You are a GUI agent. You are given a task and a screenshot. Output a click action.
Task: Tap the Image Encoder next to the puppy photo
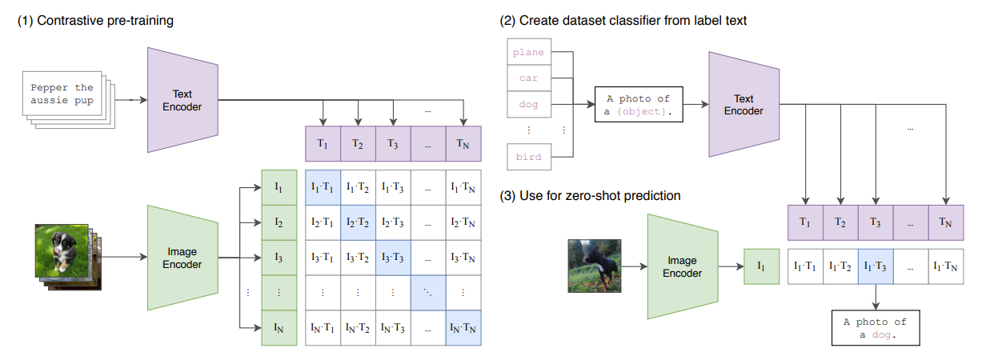[x=182, y=258]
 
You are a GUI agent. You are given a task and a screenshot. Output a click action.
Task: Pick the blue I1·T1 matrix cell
[x=323, y=187]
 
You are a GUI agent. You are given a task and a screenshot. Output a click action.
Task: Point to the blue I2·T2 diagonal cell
[x=359, y=222]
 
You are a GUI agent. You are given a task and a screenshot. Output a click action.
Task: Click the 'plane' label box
[x=529, y=53]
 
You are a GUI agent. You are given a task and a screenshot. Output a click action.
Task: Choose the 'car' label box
[x=529, y=79]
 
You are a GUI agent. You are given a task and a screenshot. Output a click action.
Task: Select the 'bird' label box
[x=529, y=157]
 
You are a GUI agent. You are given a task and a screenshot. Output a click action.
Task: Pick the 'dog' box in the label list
[x=529, y=105]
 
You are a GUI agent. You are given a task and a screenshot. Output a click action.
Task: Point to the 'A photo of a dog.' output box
[x=875, y=328]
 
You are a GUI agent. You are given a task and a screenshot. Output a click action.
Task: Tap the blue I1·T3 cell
[x=875, y=266]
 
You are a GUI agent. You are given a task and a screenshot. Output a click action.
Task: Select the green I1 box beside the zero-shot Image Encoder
[x=761, y=267]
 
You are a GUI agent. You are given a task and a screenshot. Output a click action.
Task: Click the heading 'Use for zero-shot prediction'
[x=593, y=196]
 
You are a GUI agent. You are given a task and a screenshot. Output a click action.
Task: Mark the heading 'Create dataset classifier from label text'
[x=624, y=21]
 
